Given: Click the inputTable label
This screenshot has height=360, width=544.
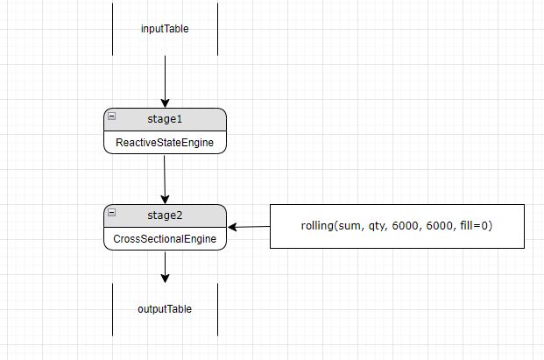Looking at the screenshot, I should tap(165, 29).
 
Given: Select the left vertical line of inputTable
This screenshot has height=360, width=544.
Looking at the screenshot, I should tap(113, 29).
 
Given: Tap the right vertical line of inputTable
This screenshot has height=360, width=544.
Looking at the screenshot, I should tap(217, 29).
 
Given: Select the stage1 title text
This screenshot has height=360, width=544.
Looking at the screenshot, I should tap(165, 119).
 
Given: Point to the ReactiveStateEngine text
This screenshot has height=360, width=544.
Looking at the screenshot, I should tap(165, 142).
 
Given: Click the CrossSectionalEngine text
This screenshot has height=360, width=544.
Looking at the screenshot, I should tap(165, 238).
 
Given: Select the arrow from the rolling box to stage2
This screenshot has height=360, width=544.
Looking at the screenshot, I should tap(249, 227).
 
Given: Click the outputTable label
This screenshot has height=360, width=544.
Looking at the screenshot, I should tap(165, 309).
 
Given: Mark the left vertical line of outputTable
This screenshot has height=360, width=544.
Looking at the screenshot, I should tap(113, 309).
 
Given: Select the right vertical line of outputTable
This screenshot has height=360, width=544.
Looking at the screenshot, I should tap(217, 309).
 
